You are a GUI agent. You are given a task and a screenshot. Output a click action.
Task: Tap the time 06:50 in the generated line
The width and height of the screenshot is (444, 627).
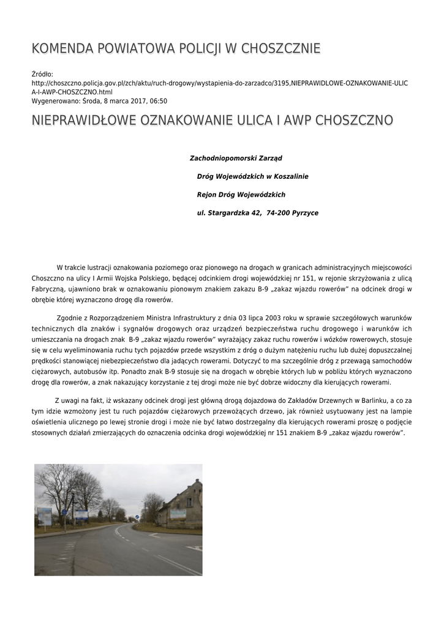coord(159,101)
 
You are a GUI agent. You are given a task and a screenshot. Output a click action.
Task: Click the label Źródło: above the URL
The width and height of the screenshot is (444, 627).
coord(43,74)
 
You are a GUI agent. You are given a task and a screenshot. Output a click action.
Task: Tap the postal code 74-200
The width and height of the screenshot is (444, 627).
coord(277,213)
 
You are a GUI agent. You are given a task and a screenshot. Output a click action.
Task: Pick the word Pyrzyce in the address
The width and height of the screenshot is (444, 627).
coord(306,213)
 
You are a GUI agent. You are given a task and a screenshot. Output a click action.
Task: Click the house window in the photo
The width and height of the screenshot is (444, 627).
coord(190,502)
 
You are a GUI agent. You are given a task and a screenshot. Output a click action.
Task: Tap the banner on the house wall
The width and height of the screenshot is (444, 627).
coord(178,514)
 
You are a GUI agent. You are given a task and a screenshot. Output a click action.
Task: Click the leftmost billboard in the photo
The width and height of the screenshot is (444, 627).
coord(45,516)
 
